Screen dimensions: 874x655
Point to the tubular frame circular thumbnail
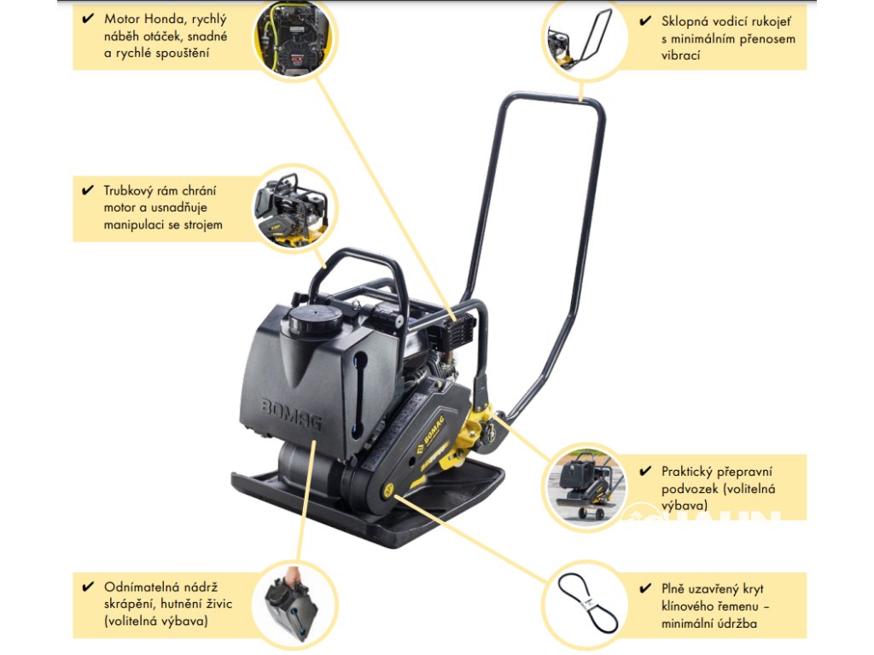292,209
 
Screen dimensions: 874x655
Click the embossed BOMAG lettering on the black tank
291,414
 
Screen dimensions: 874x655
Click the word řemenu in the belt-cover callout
735,606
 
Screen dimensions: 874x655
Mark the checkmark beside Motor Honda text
88,20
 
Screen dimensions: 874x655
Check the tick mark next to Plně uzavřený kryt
645,589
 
